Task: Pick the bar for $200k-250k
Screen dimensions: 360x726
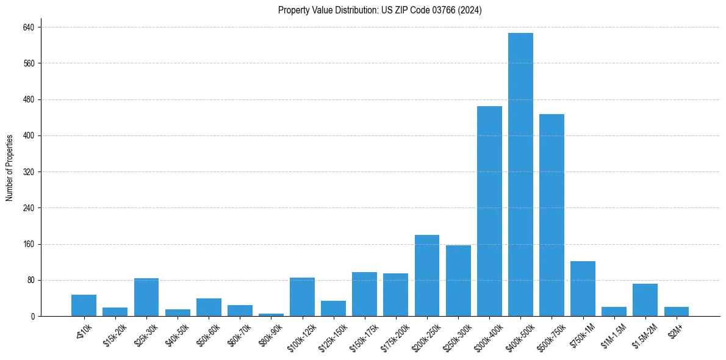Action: coord(427,275)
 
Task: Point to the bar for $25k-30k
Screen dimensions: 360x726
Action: coord(146,297)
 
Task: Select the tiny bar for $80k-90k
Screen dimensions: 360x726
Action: coord(271,314)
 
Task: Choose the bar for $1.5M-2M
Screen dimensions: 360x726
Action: coord(645,300)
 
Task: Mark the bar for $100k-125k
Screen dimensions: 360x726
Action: coord(302,297)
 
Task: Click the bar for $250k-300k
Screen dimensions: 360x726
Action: coord(458,281)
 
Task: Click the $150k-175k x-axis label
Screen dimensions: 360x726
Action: coord(363,335)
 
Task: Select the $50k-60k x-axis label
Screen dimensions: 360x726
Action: coord(209,333)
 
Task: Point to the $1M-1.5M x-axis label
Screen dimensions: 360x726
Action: coord(613,334)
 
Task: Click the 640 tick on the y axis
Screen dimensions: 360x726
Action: coord(29,27)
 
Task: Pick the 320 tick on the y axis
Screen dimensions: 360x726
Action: coord(29,172)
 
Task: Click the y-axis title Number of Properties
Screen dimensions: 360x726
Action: coord(10,168)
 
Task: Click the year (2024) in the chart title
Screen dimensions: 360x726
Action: coord(470,10)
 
